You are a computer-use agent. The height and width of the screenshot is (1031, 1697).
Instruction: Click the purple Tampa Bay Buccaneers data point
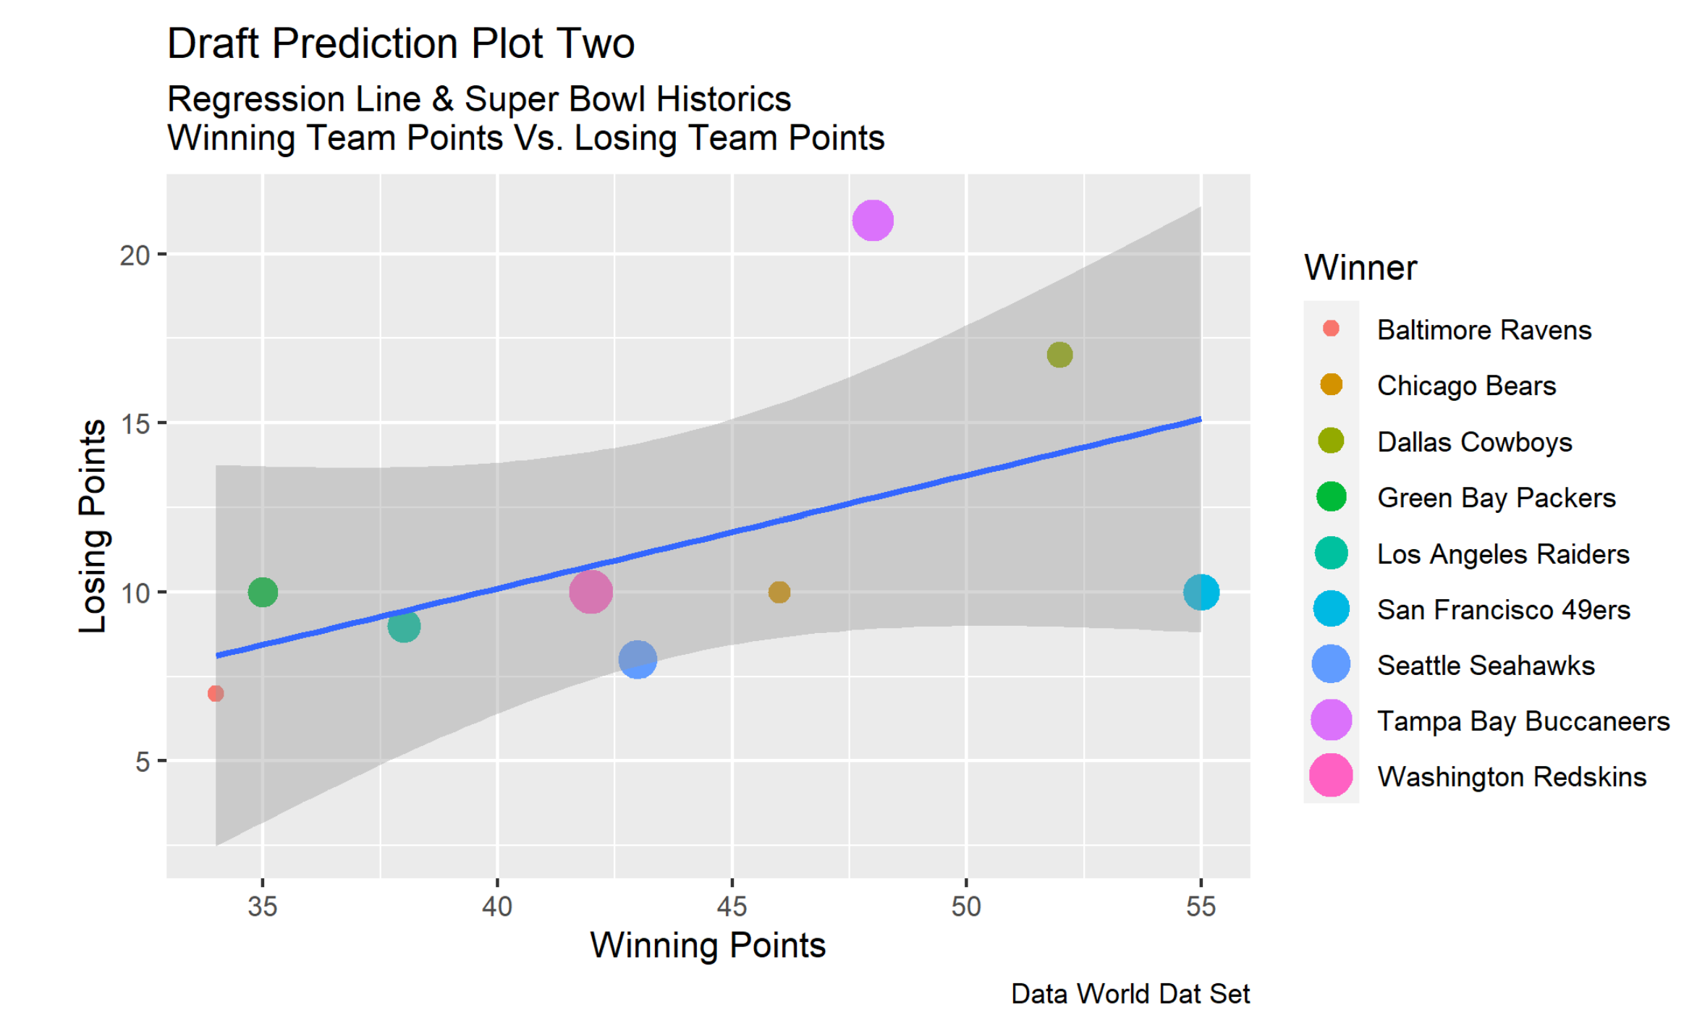(873, 220)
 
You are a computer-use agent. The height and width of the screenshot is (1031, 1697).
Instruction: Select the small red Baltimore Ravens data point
(216, 693)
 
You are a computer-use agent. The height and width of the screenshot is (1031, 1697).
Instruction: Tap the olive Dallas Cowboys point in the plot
(1059, 355)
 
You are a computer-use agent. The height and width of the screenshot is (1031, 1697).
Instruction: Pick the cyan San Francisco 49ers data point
(1201, 592)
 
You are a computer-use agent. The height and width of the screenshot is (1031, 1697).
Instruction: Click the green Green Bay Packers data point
(263, 592)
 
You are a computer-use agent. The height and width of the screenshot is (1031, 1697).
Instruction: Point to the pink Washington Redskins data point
(591, 592)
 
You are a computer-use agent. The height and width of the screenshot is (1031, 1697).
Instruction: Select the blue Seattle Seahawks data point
(638, 659)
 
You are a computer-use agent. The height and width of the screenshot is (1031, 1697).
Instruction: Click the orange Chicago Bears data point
(779, 592)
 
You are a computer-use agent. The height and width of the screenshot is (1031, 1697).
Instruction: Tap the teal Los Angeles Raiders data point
(404, 626)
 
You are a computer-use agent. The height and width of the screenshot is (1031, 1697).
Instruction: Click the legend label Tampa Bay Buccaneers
(1523, 721)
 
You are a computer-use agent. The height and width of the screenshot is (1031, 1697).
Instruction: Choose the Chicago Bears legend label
(1466, 386)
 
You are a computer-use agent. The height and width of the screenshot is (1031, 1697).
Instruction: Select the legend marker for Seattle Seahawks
(1331, 664)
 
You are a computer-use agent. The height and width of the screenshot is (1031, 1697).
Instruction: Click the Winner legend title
(1360, 268)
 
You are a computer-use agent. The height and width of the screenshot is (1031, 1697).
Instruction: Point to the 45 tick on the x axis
(732, 906)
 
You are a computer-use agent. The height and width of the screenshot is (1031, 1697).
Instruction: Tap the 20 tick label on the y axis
(135, 255)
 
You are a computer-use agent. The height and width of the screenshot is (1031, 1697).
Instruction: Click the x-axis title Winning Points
(708, 945)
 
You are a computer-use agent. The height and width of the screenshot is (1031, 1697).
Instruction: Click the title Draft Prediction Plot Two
(401, 43)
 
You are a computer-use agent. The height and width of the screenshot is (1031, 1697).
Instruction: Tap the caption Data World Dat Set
(1130, 993)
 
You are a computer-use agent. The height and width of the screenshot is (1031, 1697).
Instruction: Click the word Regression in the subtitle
(294, 99)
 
